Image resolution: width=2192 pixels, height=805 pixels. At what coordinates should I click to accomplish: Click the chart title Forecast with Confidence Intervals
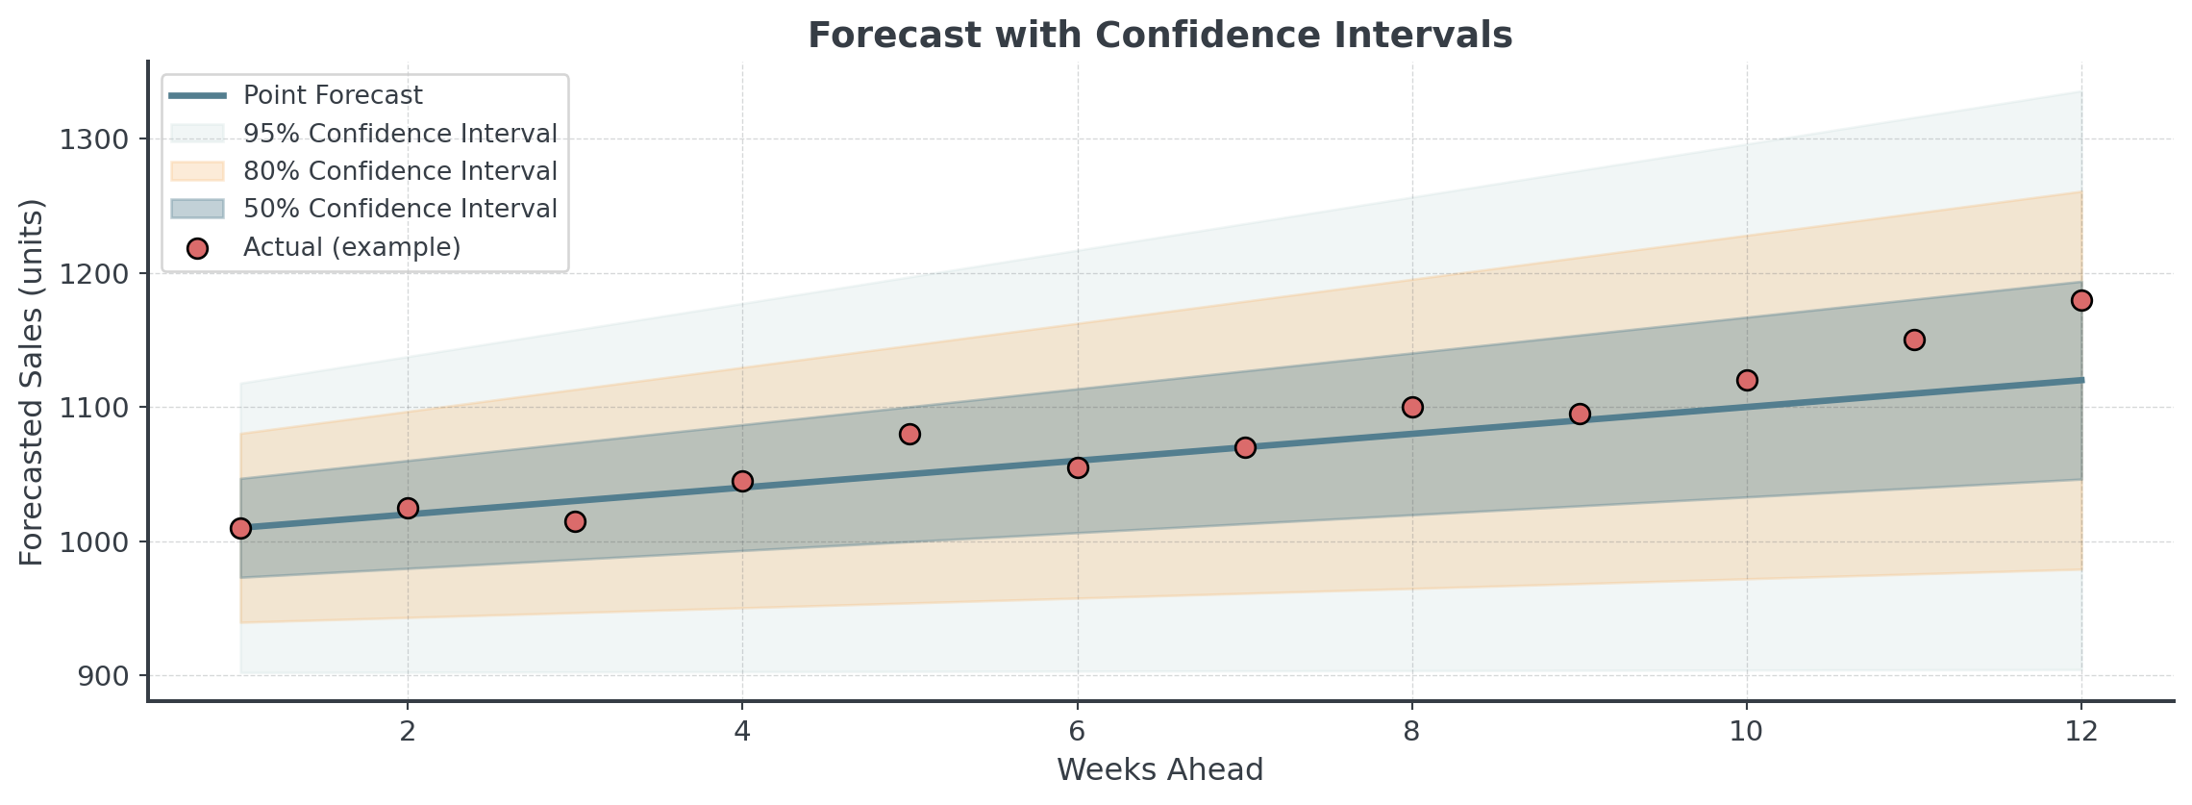pyautogui.click(x=1159, y=35)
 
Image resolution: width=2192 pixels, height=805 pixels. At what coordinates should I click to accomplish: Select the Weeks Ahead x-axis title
pyautogui.click(x=1159, y=769)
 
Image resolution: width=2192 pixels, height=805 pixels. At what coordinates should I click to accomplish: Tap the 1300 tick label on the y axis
pyautogui.click(x=93, y=139)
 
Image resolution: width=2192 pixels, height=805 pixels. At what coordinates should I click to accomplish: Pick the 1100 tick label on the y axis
pyautogui.click(x=93, y=408)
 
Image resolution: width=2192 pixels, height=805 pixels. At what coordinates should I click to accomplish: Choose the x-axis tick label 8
pyautogui.click(x=1411, y=732)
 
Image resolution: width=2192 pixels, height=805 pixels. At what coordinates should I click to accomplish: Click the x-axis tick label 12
pyautogui.click(x=2081, y=732)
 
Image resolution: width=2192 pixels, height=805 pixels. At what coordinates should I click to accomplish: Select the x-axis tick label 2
pyautogui.click(x=408, y=732)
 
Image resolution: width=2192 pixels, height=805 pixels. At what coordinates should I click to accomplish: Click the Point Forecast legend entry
pyautogui.click(x=333, y=95)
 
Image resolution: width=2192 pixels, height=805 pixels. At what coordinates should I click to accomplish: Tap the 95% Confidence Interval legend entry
pyautogui.click(x=400, y=133)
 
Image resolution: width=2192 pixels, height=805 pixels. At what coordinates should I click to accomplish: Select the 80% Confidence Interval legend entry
pyautogui.click(x=400, y=171)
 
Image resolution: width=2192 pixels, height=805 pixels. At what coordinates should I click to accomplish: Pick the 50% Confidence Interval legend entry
pyautogui.click(x=400, y=209)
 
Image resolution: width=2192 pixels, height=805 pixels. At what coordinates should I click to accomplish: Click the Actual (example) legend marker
pyautogui.click(x=198, y=248)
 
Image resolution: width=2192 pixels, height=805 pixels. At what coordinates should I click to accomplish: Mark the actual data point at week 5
pyautogui.click(x=909, y=435)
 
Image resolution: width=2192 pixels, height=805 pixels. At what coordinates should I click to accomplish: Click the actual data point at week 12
pyautogui.click(x=2081, y=300)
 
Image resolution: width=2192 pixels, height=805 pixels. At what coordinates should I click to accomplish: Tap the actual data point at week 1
pyautogui.click(x=240, y=528)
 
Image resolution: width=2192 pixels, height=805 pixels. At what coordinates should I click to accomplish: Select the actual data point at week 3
pyautogui.click(x=575, y=521)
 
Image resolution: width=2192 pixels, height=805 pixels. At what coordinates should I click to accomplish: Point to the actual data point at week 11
pyautogui.click(x=1914, y=340)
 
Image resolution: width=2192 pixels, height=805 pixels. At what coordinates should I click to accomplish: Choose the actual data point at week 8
pyautogui.click(x=1412, y=407)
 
